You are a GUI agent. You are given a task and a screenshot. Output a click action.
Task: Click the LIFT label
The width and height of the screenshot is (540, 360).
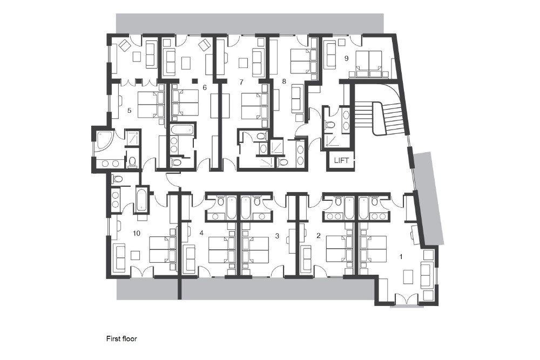pyautogui.click(x=341, y=160)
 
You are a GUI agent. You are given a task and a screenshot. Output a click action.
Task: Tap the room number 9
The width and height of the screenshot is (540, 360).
pyautogui.click(x=347, y=58)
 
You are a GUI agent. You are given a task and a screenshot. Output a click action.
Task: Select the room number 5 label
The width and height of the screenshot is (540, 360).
pyautogui.click(x=129, y=111)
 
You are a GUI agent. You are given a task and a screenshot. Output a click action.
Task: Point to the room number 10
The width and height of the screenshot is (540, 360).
pyautogui.click(x=137, y=233)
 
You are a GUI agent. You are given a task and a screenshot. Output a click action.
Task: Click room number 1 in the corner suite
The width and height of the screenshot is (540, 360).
pyautogui.click(x=401, y=256)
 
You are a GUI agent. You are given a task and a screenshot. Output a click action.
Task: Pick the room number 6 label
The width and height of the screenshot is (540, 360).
pyautogui.click(x=205, y=87)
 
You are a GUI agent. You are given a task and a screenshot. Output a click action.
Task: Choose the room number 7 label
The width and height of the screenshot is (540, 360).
pyautogui.click(x=241, y=82)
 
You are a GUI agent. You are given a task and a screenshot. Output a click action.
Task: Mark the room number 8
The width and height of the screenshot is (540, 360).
pyautogui.click(x=284, y=81)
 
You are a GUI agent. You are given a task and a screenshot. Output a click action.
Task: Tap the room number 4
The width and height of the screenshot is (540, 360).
pyautogui.click(x=201, y=233)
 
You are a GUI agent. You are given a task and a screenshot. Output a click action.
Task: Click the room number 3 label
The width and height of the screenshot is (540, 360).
pyautogui.click(x=277, y=236)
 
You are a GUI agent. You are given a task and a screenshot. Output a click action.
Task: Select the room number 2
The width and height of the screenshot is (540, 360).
pyautogui.click(x=318, y=236)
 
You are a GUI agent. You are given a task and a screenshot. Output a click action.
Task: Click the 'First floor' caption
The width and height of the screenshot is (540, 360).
pyautogui.click(x=122, y=338)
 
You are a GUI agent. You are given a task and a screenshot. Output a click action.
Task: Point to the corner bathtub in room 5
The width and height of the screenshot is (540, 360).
pyautogui.click(x=104, y=141)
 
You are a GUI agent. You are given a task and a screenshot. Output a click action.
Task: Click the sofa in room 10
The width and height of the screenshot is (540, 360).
pyautogui.click(x=119, y=257)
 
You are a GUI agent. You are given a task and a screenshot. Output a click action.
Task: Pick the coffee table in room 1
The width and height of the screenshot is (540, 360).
pyautogui.click(x=408, y=277)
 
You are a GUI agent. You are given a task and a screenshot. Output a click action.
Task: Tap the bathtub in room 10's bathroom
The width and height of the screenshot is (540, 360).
pyautogui.click(x=141, y=200)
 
